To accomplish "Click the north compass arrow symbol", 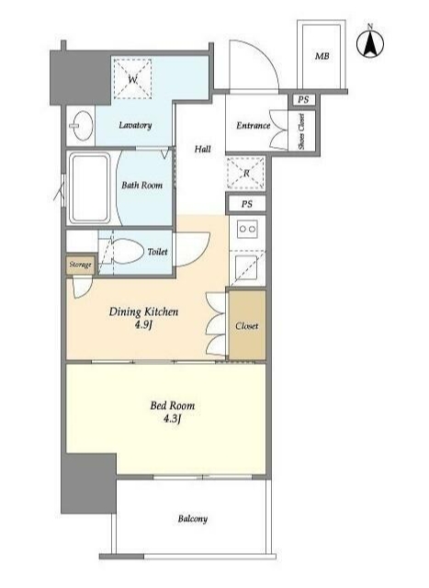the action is [x=370, y=42].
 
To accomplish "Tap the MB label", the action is [x=322, y=56].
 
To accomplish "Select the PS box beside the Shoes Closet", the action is [x=303, y=100].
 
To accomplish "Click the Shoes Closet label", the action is [x=302, y=131].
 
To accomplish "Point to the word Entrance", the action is [x=254, y=125].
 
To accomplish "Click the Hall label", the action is [x=202, y=149].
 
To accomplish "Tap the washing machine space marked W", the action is [x=133, y=79].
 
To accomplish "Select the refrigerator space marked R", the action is [x=246, y=174].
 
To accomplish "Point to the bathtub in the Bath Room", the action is [x=90, y=187].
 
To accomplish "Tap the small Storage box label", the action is [x=80, y=265].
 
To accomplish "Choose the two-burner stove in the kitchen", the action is [x=247, y=229].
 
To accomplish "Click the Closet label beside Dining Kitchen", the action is [x=247, y=326].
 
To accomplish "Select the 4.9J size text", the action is [x=143, y=325].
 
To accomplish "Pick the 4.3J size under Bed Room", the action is [x=172, y=419].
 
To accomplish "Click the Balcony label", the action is [x=192, y=519].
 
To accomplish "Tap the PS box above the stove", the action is [x=246, y=204].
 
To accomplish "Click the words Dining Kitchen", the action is [x=143, y=311].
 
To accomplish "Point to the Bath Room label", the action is [x=141, y=185].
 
